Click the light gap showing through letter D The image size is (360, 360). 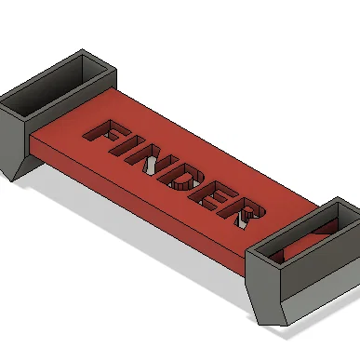(x=154, y=168)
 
